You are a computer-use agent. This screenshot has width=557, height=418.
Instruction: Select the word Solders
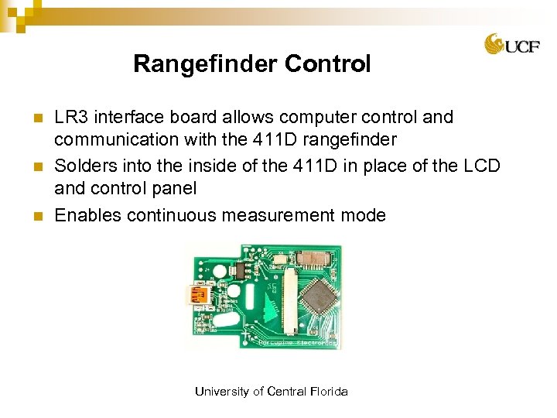[x=84, y=166]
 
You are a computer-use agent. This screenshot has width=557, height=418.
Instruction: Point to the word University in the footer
[x=223, y=392]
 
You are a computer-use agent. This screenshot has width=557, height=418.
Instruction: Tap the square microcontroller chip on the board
[x=318, y=296]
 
